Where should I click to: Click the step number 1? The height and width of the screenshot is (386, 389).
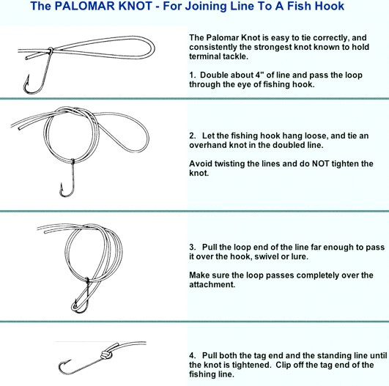tap(192, 75)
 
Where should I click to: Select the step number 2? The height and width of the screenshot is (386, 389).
tap(192, 136)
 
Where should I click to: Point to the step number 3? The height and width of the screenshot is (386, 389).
tap(192, 247)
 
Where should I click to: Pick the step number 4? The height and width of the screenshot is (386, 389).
tap(192, 355)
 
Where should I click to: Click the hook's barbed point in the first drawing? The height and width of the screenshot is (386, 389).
tap(28, 76)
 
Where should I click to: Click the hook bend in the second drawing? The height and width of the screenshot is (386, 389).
tap(67, 195)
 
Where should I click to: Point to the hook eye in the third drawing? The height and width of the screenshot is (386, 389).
tap(87, 280)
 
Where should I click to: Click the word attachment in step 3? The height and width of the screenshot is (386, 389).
tap(212, 284)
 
